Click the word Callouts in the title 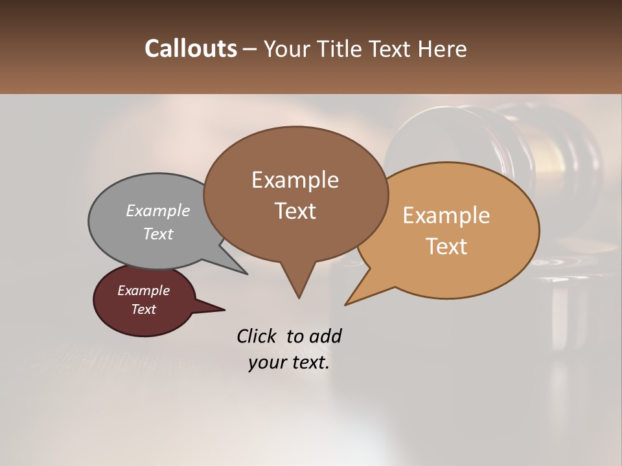tap(190, 49)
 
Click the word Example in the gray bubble tap(158, 211)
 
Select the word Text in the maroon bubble tap(144, 309)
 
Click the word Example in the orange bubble tap(446, 216)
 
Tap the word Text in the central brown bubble tap(295, 211)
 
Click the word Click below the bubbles tap(258, 336)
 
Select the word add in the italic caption tap(325, 336)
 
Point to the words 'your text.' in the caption tap(289, 362)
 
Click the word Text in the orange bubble tap(446, 247)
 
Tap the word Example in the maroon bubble tap(144, 291)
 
